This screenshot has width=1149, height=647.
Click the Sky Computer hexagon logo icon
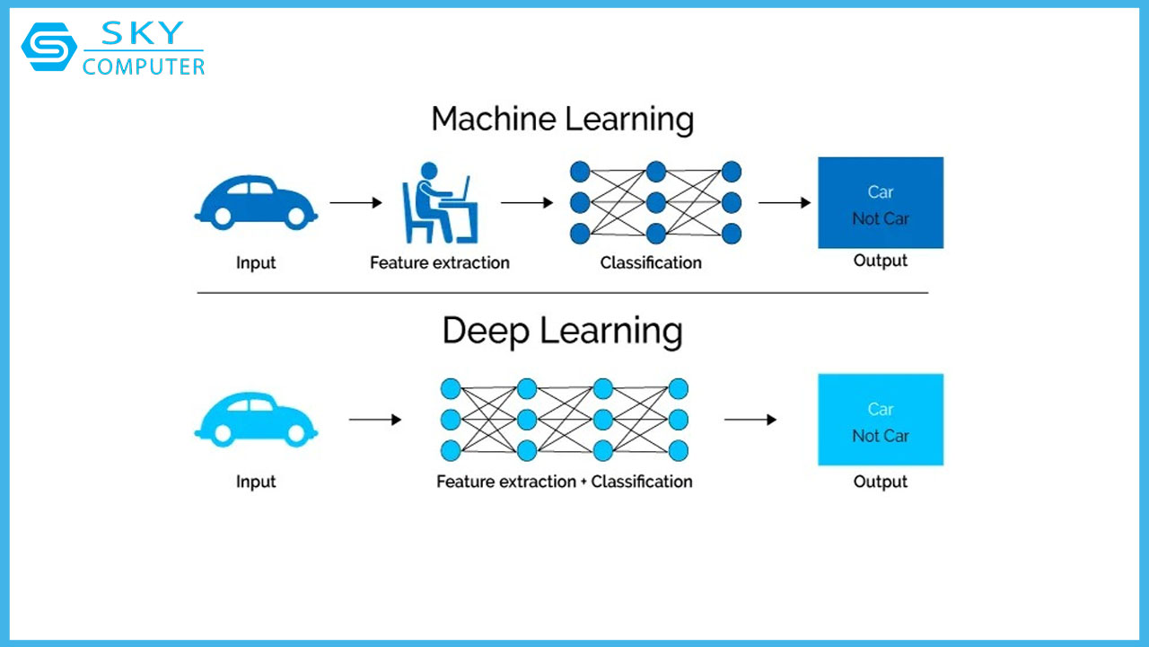tap(49, 47)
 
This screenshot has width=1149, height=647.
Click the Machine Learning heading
tap(562, 120)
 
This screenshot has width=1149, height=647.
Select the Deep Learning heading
tap(562, 332)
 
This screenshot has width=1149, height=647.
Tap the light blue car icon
tap(256, 420)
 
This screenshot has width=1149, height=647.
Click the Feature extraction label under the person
tap(440, 263)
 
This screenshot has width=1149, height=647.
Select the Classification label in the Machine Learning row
tap(651, 263)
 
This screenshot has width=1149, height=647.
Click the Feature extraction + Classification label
tap(565, 482)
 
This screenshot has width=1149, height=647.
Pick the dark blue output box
tap(881, 203)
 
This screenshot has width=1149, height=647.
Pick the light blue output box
tap(881, 420)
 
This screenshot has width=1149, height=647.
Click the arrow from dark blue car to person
tap(356, 202)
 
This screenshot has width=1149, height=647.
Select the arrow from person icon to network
tap(527, 202)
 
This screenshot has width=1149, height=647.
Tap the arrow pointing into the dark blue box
tap(785, 202)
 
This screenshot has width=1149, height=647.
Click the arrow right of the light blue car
tap(375, 420)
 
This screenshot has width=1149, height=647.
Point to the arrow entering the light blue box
tap(750, 420)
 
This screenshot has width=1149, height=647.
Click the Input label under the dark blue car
tap(256, 263)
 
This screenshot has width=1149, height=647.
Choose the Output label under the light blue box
tap(881, 482)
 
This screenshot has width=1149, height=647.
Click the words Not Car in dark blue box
tap(881, 218)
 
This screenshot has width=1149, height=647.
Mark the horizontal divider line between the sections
tap(562, 293)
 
